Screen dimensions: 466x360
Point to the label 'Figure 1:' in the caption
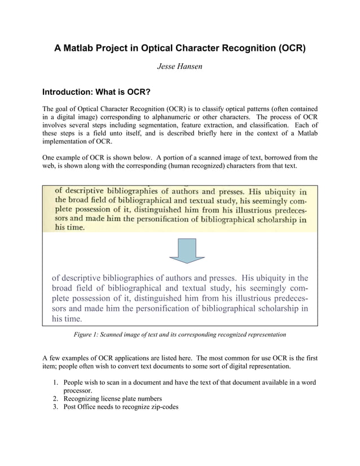(87, 335)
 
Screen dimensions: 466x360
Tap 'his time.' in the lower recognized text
(67, 318)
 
